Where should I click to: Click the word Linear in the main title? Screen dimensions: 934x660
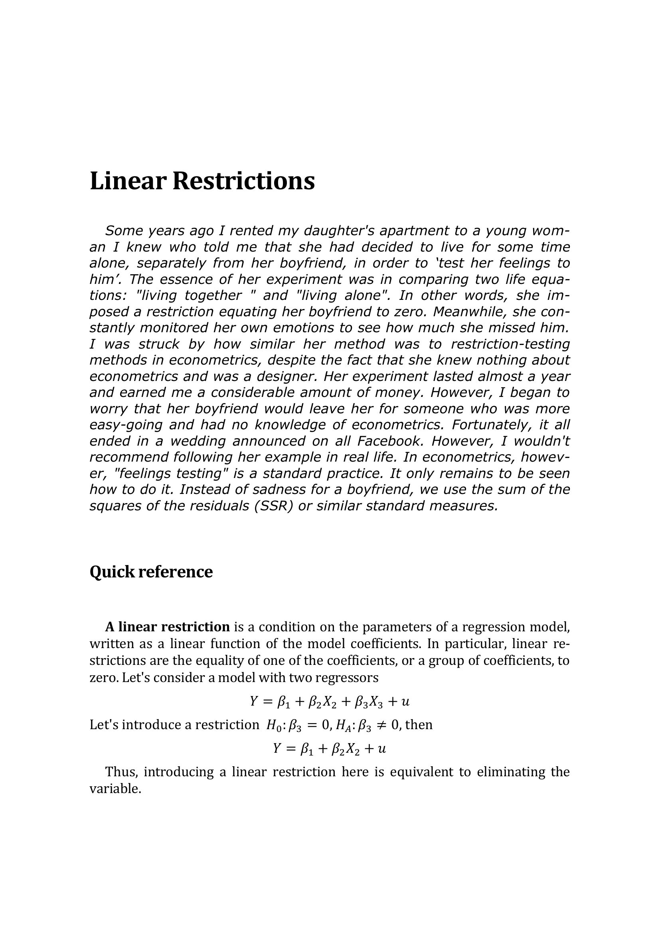pyautogui.click(x=128, y=181)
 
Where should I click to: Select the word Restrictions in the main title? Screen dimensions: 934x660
pyautogui.click(x=243, y=181)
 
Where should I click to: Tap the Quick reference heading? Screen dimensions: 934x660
pyautogui.click(x=151, y=571)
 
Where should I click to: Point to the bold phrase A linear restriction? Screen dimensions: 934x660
pyautogui.click(x=168, y=627)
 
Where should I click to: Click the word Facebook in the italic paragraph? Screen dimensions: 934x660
pyautogui.click(x=392, y=441)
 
